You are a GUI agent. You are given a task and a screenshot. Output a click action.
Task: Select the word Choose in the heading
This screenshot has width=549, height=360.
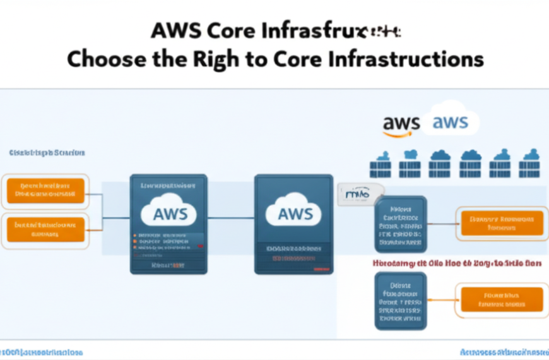(103, 59)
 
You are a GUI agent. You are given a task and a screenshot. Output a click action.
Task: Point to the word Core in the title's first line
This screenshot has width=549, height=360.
(230, 30)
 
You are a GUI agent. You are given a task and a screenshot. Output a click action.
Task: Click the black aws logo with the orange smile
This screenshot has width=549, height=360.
(401, 123)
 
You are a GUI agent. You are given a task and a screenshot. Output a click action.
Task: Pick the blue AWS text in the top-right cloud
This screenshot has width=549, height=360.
(450, 122)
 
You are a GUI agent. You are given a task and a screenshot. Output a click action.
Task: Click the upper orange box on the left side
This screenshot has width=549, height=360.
(45, 191)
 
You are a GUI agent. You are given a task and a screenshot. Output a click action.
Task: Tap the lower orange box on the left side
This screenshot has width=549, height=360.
(45, 229)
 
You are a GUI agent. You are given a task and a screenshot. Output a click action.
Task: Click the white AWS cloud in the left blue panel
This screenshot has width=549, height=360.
(170, 213)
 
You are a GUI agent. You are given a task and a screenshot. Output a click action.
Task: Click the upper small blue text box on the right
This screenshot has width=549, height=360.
(401, 224)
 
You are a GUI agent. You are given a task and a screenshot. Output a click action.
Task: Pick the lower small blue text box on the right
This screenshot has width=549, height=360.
(401, 301)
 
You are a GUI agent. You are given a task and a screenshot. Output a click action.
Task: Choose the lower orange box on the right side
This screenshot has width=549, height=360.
(502, 299)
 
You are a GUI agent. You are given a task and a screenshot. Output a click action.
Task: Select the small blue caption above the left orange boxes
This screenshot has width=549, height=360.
(47, 153)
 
